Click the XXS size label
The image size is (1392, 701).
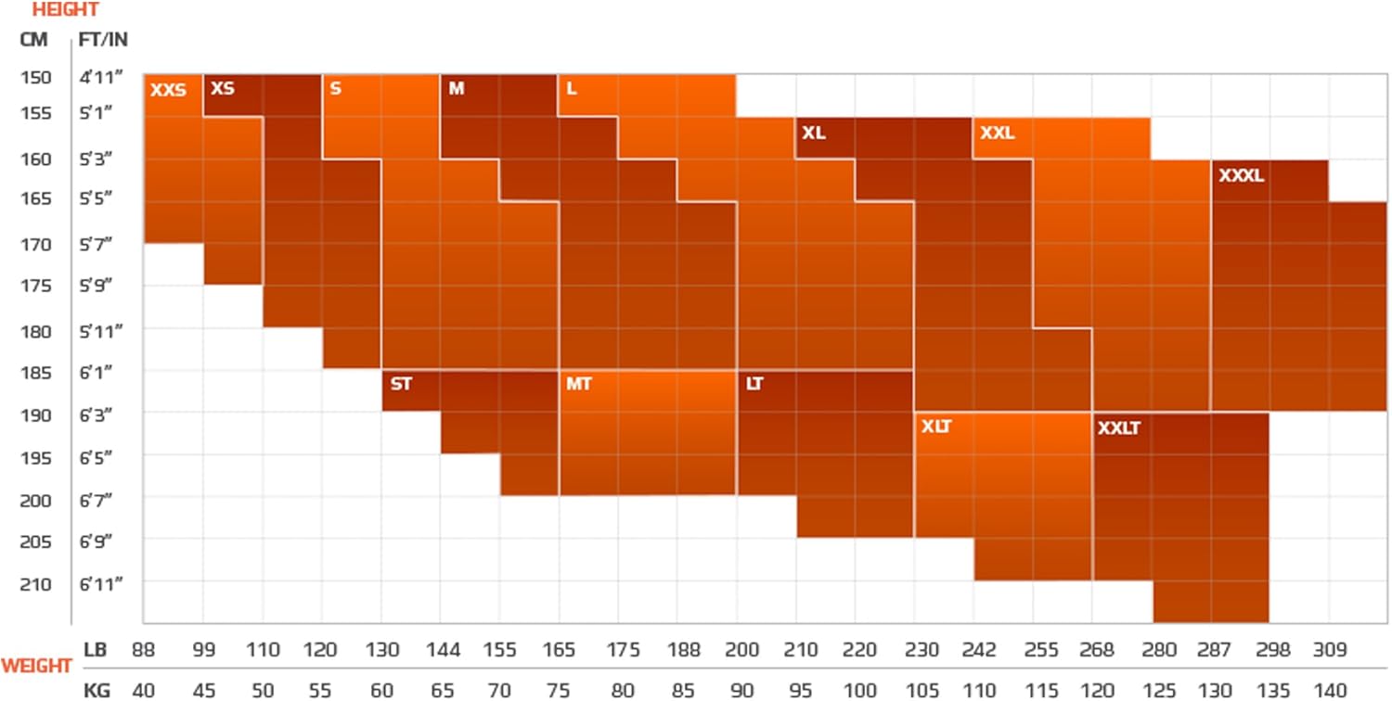click(168, 91)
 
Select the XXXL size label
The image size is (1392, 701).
click(1242, 175)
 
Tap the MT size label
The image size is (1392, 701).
click(578, 384)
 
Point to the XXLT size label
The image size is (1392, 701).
click(1118, 429)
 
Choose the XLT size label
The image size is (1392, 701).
click(936, 427)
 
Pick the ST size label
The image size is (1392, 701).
click(401, 384)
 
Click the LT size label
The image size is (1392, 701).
click(754, 384)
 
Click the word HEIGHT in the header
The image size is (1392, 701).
click(65, 11)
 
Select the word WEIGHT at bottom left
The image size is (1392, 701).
click(36, 666)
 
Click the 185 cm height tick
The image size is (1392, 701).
click(34, 372)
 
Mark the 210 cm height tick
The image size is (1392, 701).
click(34, 584)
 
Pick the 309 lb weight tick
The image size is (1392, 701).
click(1328, 651)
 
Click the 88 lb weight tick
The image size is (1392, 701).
click(142, 651)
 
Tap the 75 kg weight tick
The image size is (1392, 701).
click(558, 691)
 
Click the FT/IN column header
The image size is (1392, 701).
click(103, 40)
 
